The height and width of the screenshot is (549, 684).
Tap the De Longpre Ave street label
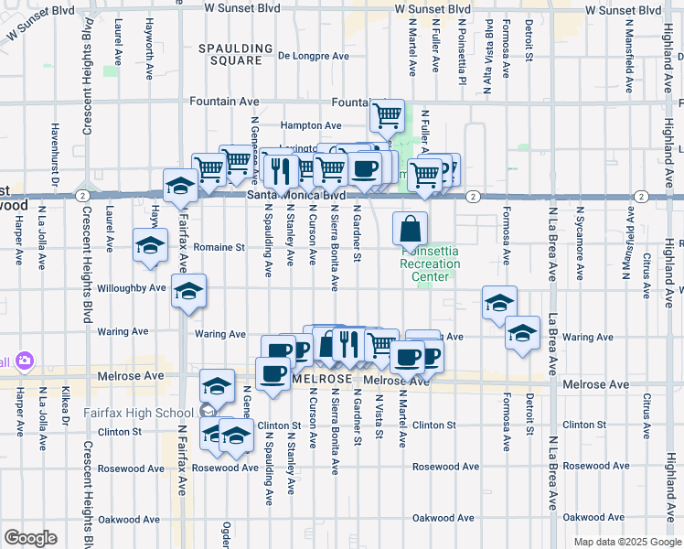click(314, 56)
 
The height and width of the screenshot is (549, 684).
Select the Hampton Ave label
click(310, 125)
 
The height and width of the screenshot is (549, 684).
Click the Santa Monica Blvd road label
click(295, 195)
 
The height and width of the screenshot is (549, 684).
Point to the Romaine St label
click(220, 247)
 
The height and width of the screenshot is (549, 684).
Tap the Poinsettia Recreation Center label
click(430, 264)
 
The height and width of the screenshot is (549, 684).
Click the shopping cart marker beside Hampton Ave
click(387, 115)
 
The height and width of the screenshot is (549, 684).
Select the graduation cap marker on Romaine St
click(151, 245)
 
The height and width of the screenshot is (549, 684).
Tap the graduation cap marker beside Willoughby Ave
click(189, 292)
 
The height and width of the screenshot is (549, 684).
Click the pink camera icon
click(24, 361)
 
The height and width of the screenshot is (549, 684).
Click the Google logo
click(30, 538)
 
